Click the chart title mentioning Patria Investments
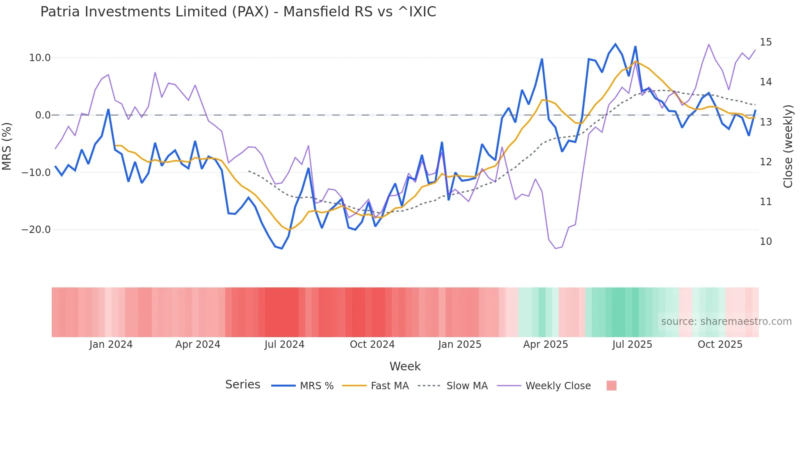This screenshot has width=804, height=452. (238, 12)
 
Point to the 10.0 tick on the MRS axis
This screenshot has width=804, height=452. (40, 58)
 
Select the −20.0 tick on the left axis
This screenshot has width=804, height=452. (36, 230)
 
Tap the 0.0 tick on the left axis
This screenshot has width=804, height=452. (43, 115)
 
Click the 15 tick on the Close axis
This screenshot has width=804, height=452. (765, 42)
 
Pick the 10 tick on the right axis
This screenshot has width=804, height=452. (765, 242)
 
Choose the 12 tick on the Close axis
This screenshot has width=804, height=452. (765, 162)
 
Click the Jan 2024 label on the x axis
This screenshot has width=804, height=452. (111, 345)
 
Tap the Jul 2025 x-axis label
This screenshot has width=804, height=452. (632, 345)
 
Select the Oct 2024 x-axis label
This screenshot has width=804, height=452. (372, 345)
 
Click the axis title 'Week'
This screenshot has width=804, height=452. (405, 366)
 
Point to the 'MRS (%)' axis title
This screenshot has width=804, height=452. (7, 146)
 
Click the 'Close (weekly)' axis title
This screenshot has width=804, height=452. (788, 146)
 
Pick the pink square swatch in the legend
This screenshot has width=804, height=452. (611, 386)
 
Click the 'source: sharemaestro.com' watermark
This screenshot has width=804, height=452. (726, 322)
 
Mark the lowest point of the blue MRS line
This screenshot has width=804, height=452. (282, 249)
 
